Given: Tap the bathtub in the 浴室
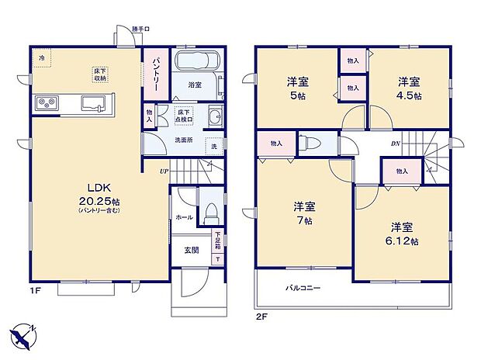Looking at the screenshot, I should pos(196,63).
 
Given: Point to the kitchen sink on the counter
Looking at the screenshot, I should pos(92,103).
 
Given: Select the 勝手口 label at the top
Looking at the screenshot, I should pos(140,29).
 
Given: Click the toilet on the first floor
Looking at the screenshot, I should pos(209,213).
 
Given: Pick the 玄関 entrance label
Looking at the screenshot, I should pos(192,250).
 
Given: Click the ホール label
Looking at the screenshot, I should pos(184,218).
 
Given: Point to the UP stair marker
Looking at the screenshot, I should pos(164,171).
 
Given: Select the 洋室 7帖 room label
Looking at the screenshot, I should pos(303,214).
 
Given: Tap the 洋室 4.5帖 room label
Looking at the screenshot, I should pos(409,87).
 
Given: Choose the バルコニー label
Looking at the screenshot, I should pos(303,288).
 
